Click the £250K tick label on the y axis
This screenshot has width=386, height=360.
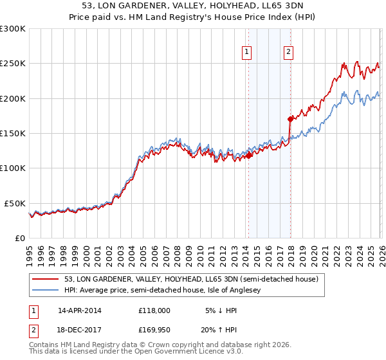tap(13, 64)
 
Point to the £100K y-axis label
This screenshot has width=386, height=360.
tap(13, 168)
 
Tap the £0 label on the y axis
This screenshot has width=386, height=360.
tap(19, 238)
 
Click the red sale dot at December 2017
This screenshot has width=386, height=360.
tap(290, 119)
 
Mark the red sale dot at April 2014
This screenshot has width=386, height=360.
tap(248, 155)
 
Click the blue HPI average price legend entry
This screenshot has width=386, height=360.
tap(169, 291)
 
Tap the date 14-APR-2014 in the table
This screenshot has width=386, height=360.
tap(80, 310)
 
